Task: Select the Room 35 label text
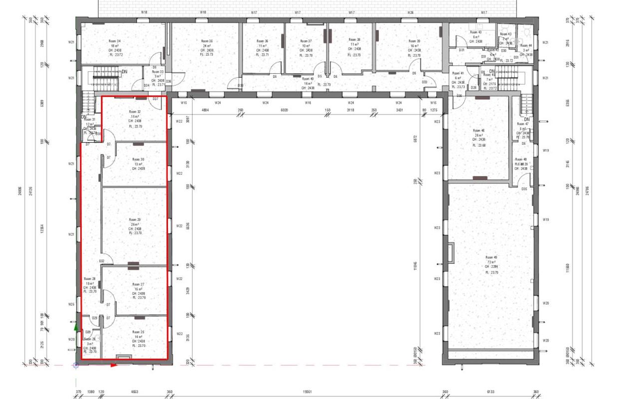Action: coord(207,41)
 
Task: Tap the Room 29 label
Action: coord(135,219)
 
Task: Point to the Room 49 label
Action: coord(492,258)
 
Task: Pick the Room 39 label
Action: coord(414,41)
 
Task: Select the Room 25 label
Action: coord(138,332)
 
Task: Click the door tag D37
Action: coord(156,99)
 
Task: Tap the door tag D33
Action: coord(424,82)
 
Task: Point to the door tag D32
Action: coord(102,261)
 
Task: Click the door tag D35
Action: coord(524,189)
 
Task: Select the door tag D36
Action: coord(169,81)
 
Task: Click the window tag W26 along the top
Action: coord(410,12)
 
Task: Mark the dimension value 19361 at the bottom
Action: coord(307,392)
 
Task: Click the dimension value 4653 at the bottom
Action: coord(134,392)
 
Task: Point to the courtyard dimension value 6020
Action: coord(285,109)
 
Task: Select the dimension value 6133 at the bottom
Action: coord(490,392)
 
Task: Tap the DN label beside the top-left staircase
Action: coord(124,72)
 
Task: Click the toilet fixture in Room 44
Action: coord(527,31)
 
